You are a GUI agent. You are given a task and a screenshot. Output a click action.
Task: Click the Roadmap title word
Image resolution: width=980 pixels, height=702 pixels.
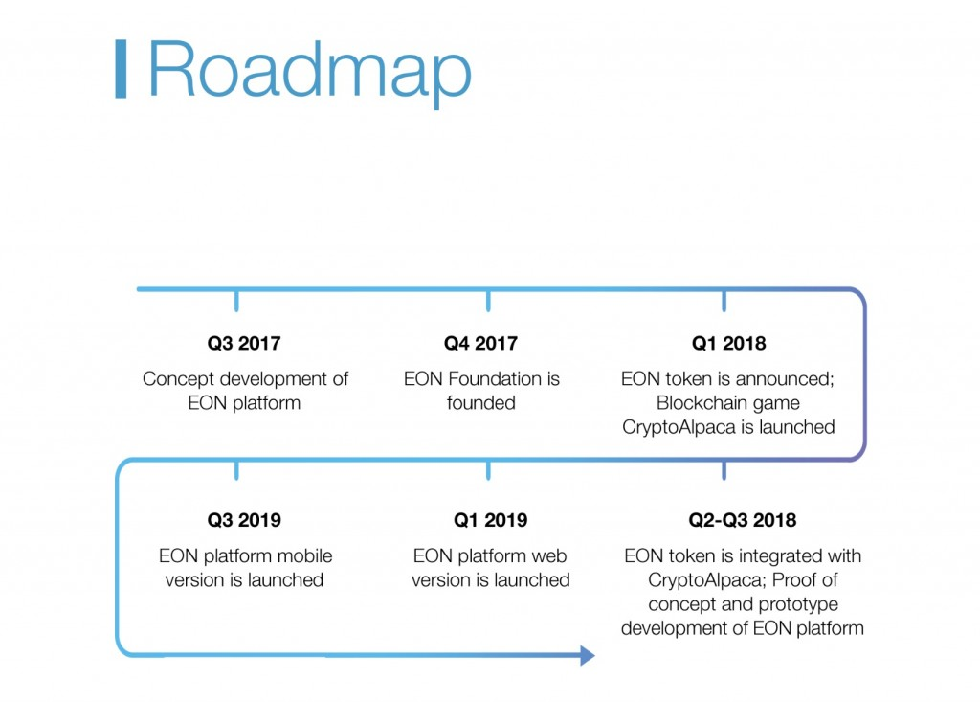click(x=309, y=70)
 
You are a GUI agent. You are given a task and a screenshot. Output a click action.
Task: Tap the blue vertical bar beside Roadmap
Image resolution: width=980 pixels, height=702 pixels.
click(x=122, y=69)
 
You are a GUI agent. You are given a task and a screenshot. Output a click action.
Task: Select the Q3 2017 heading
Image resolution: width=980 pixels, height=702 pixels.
click(x=244, y=343)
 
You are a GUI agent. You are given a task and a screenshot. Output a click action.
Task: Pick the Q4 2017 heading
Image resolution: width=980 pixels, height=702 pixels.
click(x=480, y=343)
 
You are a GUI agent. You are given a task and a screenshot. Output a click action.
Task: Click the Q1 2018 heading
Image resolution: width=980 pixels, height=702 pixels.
click(x=728, y=343)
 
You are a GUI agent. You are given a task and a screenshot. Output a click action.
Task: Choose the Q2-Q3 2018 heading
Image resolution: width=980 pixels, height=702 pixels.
click(x=743, y=520)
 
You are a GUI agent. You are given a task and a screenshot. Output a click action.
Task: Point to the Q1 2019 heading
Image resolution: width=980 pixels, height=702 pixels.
click(x=491, y=520)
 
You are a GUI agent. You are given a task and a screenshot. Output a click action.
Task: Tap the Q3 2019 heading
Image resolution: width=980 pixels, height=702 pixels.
click(x=244, y=520)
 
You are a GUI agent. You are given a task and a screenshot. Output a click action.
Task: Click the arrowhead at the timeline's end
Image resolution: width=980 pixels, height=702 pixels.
click(x=588, y=656)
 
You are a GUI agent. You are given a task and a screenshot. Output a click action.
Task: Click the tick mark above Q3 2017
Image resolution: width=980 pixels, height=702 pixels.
click(x=236, y=301)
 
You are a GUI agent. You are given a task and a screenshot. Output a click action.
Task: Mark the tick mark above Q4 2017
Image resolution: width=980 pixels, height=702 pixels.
click(x=488, y=301)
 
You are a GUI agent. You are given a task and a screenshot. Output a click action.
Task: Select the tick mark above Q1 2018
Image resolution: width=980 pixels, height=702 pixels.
click(x=724, y=301)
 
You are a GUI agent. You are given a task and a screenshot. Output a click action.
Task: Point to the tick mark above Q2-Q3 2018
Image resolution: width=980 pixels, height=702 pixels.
click(x=724, y=470)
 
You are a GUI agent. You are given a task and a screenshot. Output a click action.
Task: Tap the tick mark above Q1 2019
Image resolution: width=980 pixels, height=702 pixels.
click(x=488, y=470)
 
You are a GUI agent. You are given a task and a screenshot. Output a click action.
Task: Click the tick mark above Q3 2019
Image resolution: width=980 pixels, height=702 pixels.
click(x=236, y=470)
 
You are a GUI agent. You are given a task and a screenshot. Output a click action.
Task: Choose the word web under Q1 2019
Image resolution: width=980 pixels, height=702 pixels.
click(x=549, y=555)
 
